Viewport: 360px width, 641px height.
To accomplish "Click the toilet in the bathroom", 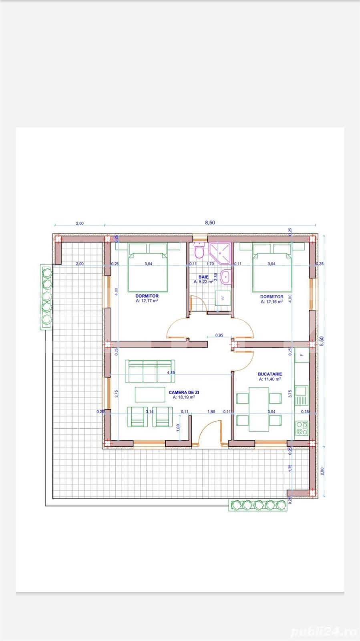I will click(199, 251).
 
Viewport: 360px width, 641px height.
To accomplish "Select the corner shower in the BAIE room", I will click(220, 252).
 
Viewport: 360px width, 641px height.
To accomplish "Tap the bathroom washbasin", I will click(226, 276).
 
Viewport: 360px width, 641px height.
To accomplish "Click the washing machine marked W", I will click(223, 298).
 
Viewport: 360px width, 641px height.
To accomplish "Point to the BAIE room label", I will click(203, 277).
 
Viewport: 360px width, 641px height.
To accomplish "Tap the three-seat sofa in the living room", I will click(149, 371).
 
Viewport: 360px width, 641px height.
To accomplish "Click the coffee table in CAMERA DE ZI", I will click(150, 394).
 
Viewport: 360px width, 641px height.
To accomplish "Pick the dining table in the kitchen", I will click(258, 409).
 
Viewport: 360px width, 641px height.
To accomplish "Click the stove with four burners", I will click(302, 428).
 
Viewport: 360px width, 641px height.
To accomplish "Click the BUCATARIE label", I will click(270, 374).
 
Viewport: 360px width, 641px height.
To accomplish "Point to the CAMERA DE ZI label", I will click(184, 393).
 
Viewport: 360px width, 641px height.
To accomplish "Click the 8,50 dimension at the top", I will click(210, 223).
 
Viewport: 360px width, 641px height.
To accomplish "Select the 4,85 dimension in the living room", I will click(171, 373).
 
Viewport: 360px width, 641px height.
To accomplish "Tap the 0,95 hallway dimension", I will click(219, 335).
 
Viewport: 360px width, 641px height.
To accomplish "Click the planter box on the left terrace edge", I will click(46, 297).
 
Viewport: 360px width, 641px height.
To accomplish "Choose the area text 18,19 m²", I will click(184, 397).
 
